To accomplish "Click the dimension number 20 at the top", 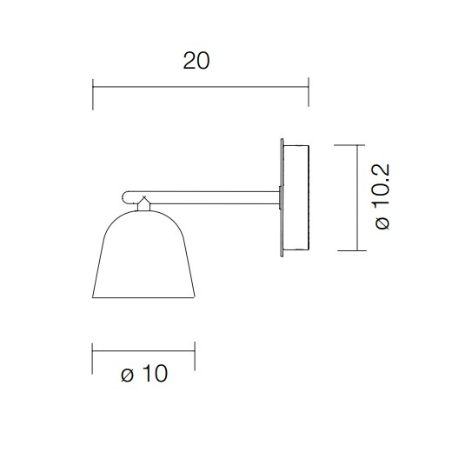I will tap(197, 61).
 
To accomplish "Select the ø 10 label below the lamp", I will tap(144, 375).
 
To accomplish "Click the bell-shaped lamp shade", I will tap(143, 256).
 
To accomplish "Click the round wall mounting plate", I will tap(296, 197).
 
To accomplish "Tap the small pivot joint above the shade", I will tap(144, 203).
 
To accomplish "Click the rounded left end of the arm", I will tap(125, 196).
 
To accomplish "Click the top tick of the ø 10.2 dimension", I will tap(358, 144).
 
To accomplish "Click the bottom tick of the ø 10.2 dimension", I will tap(358, 250).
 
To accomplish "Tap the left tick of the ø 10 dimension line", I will tap(92, 356).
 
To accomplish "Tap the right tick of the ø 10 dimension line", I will tap(195, 356).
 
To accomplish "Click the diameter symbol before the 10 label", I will tap(127, 376).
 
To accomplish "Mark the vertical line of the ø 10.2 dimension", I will tap(358, 197).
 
